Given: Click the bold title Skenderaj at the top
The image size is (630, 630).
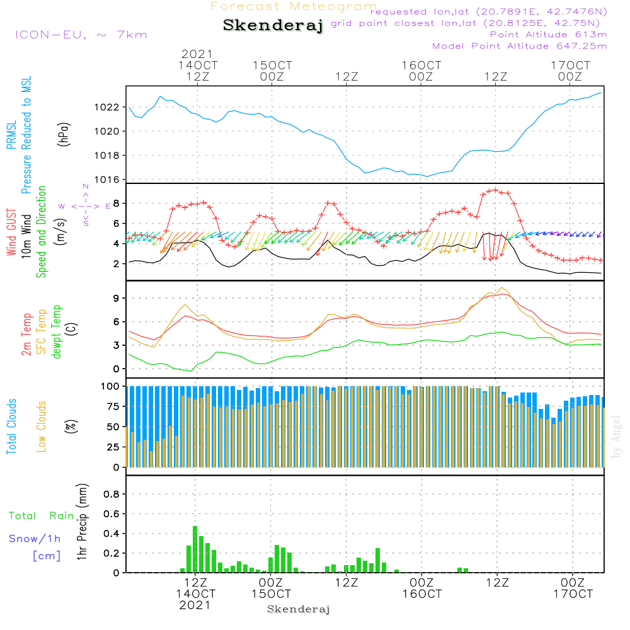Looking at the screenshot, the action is pyautogui.click(x=273, y=25).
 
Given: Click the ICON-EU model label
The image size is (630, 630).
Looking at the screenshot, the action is pyautogui.click(x=50, y=35).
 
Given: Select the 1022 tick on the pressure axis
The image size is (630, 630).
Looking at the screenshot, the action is pyautogui.click(x=107, y=107).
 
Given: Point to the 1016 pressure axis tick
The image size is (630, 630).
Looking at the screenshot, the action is pyautogui.click(x=107, y=180).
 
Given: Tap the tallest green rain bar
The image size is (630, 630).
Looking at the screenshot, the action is pyautogui.click(x=195, y=549).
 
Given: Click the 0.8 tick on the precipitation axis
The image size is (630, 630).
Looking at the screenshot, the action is pyautogui.click(x=112, y=494).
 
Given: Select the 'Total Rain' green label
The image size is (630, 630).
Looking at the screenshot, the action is pyautogui.click(x=42, y=516).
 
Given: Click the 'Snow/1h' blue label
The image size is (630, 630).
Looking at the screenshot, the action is pyautogui.click(x=35, y=539).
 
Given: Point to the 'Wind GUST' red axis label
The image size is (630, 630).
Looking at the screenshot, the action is pyautogui.click(x=11, y=232).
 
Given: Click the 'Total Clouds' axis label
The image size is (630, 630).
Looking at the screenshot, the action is pyautogui.click(x=11, y=427).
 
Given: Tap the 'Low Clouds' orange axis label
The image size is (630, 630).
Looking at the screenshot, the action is pyautogui.click(x=41, y=427).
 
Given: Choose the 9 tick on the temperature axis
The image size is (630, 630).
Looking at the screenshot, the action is pyautogui.click(x=116, y=298).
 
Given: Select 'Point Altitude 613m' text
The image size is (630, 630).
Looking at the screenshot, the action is pyautogui.click(x=549, y=35).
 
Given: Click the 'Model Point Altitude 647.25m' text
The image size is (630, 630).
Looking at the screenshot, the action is pyautogui.click(x=520, y=46).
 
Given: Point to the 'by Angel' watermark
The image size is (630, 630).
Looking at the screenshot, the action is pyautogui.click(x=616, y=437).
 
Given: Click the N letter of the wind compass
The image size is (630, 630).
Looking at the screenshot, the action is pyautogui.click(x=86, y=186).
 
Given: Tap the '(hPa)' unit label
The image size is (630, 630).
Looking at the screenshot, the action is pyautogui.click(x=64, y=135).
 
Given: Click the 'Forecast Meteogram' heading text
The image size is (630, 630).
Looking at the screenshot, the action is pyautogui.click(x=294, y=6).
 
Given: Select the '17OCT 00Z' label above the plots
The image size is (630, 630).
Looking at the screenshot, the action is pyautogui.click(x=570, y=71).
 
